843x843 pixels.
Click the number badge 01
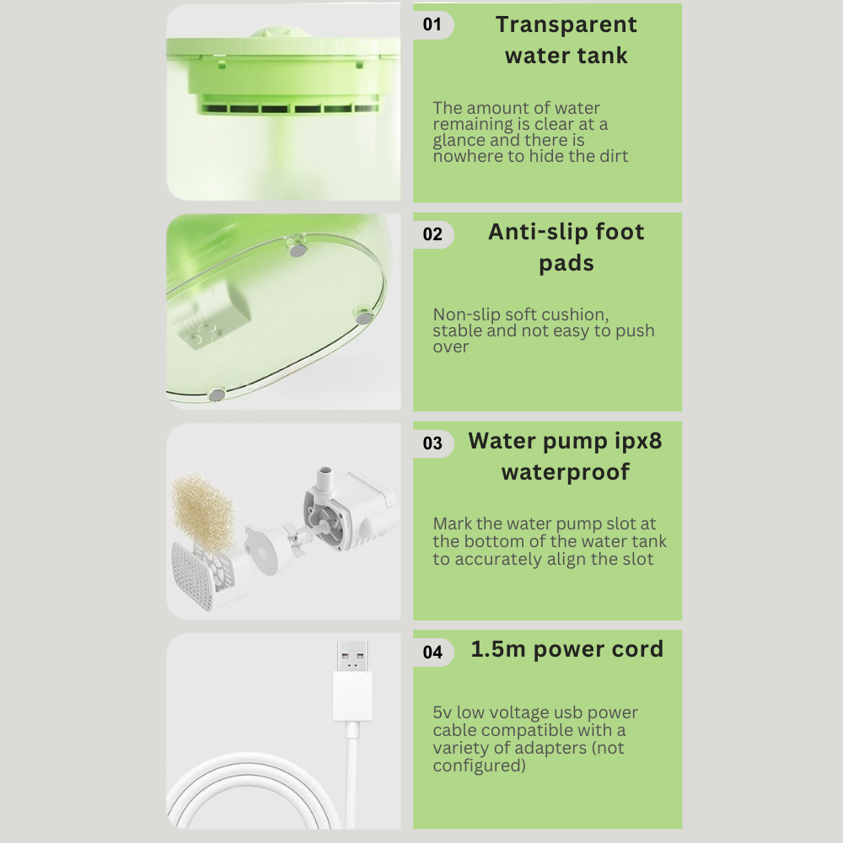coord(432,24)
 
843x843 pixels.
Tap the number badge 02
coord(432,234)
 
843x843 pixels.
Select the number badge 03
coord(432,443)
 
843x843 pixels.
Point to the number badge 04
coord(432,652)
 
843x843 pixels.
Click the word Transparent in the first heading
coord(566,24)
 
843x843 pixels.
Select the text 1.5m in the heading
coord(498,649)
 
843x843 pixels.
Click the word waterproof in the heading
coord(566,472)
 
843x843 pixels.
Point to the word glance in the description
coord(459,141)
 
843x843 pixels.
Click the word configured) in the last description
coord(479,765)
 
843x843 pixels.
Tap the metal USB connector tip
coord(352,656)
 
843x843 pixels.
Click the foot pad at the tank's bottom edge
coord(216,395)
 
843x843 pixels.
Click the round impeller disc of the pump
coord(266,550)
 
